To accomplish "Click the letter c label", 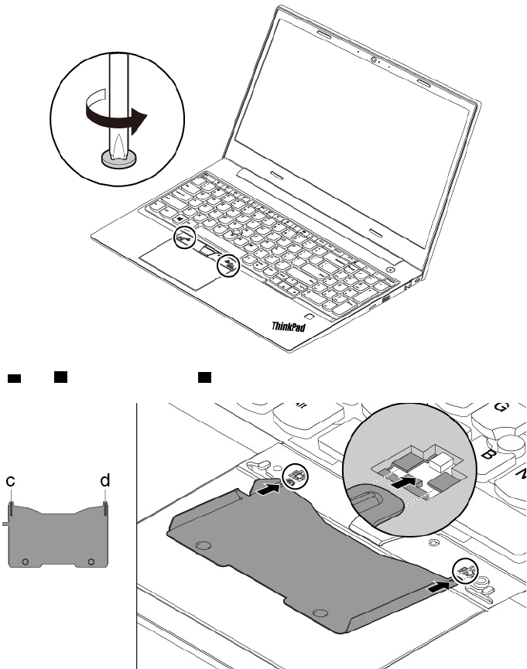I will pyautogui.click(x=11, y=481).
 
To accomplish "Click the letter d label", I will pyautogui.click(x=105, y=480).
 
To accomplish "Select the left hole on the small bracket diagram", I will pyautogui.click(x=26, y=560).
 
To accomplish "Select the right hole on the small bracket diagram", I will pyautogui.click(x=91, y=560).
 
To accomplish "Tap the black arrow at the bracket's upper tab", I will pyautogui.click(x=267, y=490).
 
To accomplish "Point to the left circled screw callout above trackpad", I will pyautogui.click(x=183, y=238).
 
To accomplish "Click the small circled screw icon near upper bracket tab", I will pyautogui.click(x=295, y=476).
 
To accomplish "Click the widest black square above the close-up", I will pyautogui.click(x=14, y=378).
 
